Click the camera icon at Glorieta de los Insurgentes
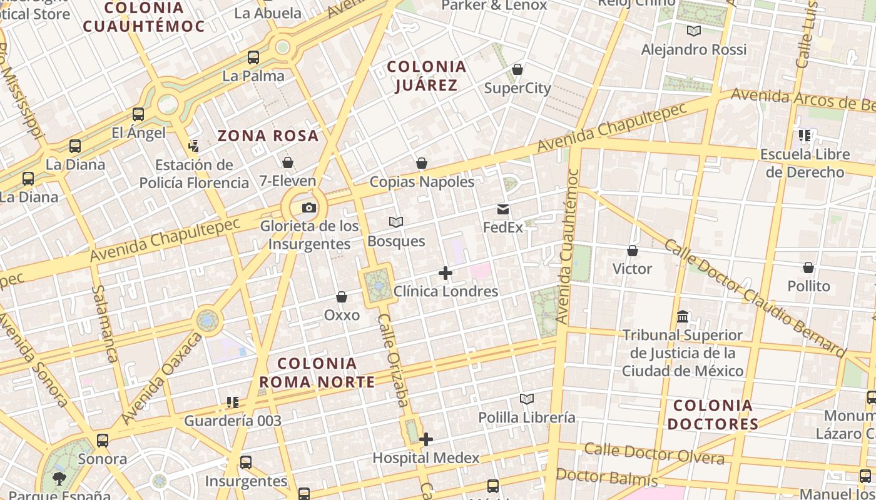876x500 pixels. [x=308, y=208]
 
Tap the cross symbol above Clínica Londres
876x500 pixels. [x=446, y=273]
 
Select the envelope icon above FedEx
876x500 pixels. [x=503, y=209]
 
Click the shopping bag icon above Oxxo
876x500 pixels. [x=342, y=297]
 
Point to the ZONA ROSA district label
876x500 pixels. [x=268, y=136]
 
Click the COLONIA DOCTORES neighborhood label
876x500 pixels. [x=713, y=414]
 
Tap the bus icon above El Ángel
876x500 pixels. [x=138, y=114]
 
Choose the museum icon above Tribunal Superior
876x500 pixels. [x=683, y=317]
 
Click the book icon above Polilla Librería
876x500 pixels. [x=527, y=399]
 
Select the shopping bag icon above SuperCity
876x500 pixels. [x=517, y=69]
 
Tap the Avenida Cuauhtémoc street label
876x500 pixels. [x=568, y=247]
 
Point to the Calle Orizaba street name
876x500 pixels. [x=394, y=360]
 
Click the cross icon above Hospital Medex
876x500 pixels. [x=426, y=439]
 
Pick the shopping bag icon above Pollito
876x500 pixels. [x=808, y=268]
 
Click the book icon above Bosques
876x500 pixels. [x=396, y=222]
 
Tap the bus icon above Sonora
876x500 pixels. [x=103, y=441]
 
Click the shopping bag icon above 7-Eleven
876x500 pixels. [x=288, y=162]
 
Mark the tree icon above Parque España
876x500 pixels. [x=59, y=479]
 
